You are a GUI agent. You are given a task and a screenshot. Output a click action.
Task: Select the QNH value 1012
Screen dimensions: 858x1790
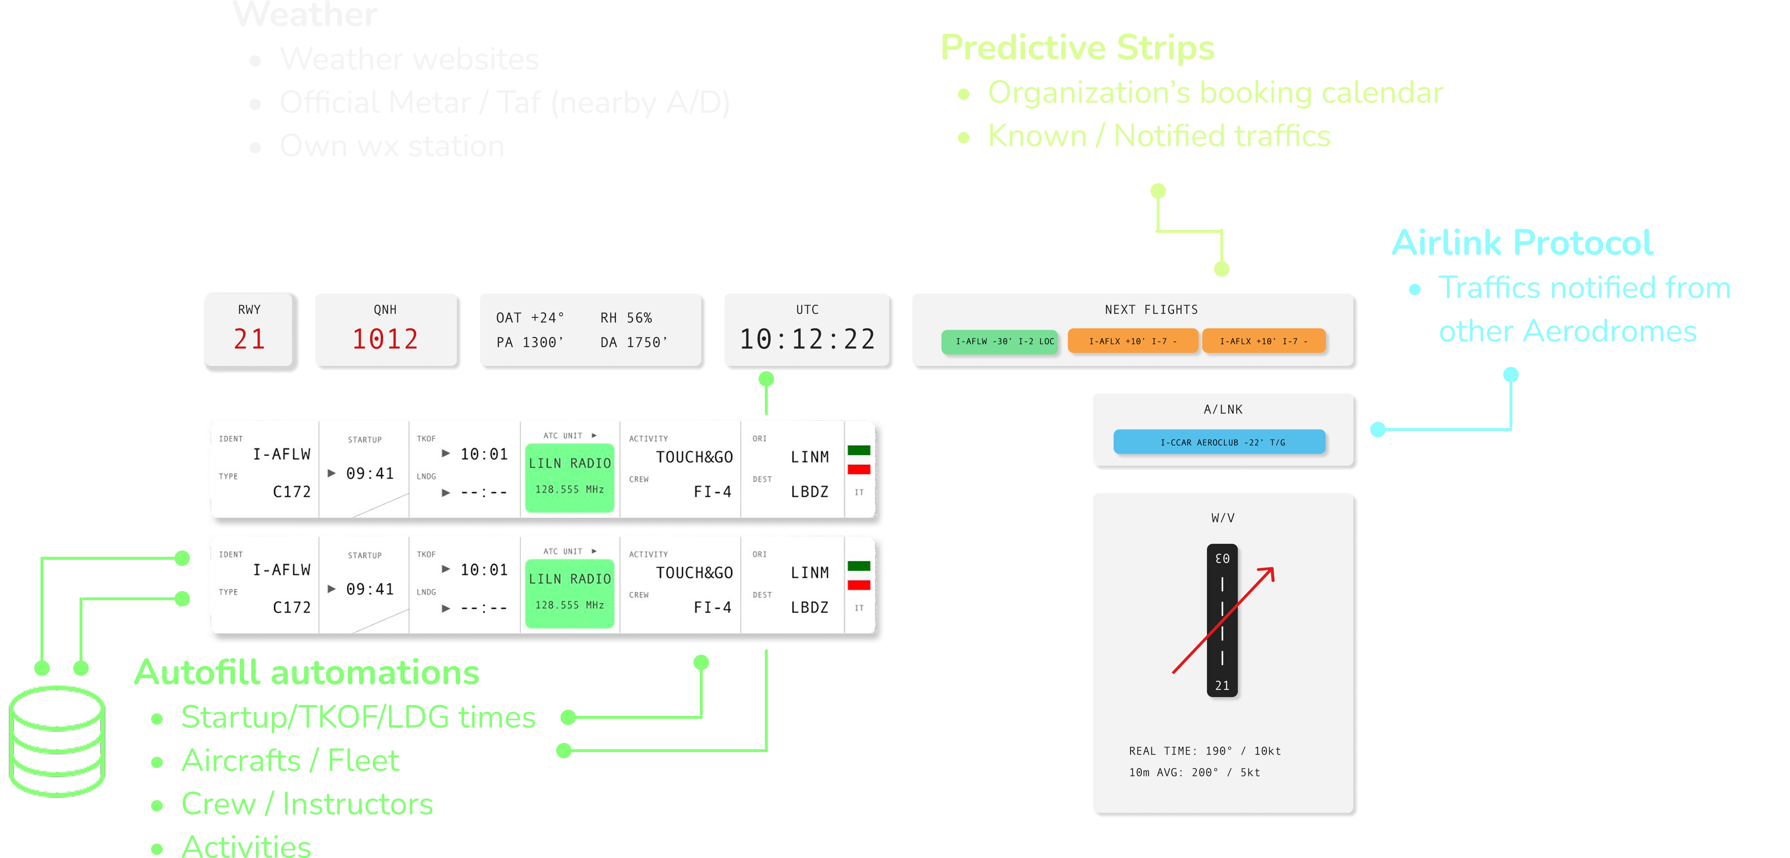coord(385,339)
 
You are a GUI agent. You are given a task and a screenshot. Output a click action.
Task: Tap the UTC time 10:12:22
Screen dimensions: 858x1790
coord(807,339)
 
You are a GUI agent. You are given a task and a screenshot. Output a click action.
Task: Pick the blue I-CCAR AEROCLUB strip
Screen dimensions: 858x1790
coord(1219,442)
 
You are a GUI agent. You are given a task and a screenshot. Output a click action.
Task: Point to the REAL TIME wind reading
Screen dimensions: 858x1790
coord(1204,751)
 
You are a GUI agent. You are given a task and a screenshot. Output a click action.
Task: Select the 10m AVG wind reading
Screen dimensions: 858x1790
coord(1194,772)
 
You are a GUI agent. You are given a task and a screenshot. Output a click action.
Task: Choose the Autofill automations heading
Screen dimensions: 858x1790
coord(307,673)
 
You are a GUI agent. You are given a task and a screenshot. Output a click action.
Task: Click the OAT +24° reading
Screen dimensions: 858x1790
coord(530,318)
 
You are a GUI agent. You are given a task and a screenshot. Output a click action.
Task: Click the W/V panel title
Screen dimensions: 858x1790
coord(1222,518)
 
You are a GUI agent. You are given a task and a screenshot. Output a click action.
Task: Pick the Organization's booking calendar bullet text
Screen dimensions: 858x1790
coord(1215,93)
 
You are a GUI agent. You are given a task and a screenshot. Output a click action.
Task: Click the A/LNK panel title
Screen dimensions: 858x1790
coord(1223,410)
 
